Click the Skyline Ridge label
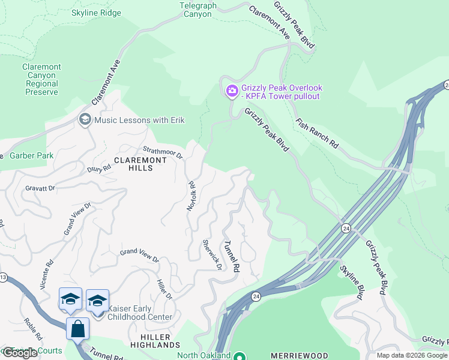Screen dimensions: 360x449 [x=95, y=13]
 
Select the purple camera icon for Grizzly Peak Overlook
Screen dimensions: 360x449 [x=232, y=91]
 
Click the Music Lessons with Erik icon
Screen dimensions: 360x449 [x=84, y=121]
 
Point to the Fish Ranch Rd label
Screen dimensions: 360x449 [x=317, y=133]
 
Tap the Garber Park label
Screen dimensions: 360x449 [x=32, y=156]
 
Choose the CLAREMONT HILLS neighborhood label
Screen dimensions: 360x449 [x=134, y=164]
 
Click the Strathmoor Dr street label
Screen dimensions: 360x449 [x=162, y=153]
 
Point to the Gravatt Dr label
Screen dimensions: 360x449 [x=40, y=188]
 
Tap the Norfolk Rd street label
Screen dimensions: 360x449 [x=191, y=196]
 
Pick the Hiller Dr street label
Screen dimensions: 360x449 [x=164, y=290]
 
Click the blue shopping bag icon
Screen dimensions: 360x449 [x=77, y=329]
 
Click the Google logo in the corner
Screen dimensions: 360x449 [x=20, y=353]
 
